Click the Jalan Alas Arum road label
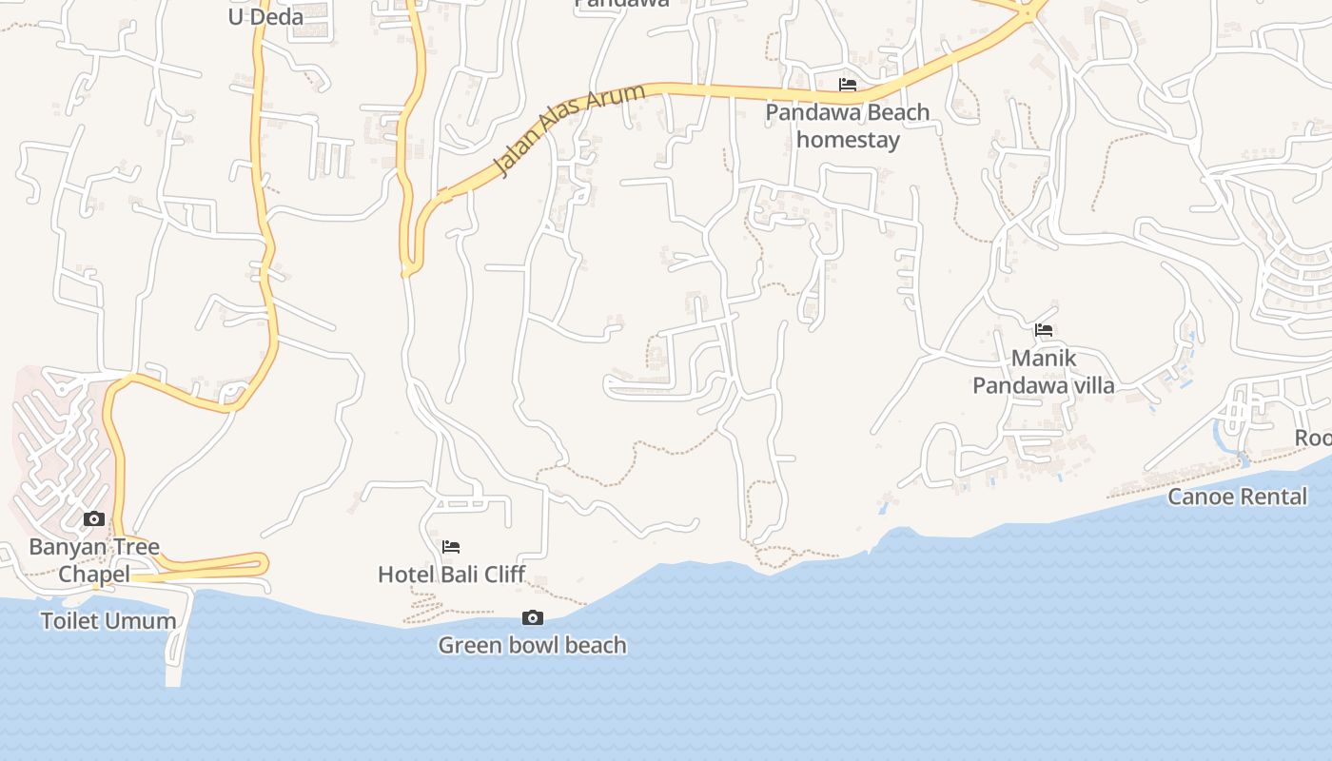coord(569,130)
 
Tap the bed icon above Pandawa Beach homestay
coord(848,85)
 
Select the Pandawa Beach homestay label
coord(848,126)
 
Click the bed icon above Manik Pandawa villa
coord(1044,330)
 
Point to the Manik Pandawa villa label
coord(1044,372)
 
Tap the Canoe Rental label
coord(1237,497)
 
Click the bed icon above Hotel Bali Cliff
coord(451,546)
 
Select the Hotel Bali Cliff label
coord(451,575)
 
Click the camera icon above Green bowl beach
coord(533,618)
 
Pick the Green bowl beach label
coord(533,646)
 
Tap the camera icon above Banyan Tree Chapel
coord(94,518)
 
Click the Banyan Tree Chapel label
coord(94,560)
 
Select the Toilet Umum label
coord(108,621)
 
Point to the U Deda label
coord(265,16)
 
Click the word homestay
coord(848,140)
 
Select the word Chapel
coord(94,575)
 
